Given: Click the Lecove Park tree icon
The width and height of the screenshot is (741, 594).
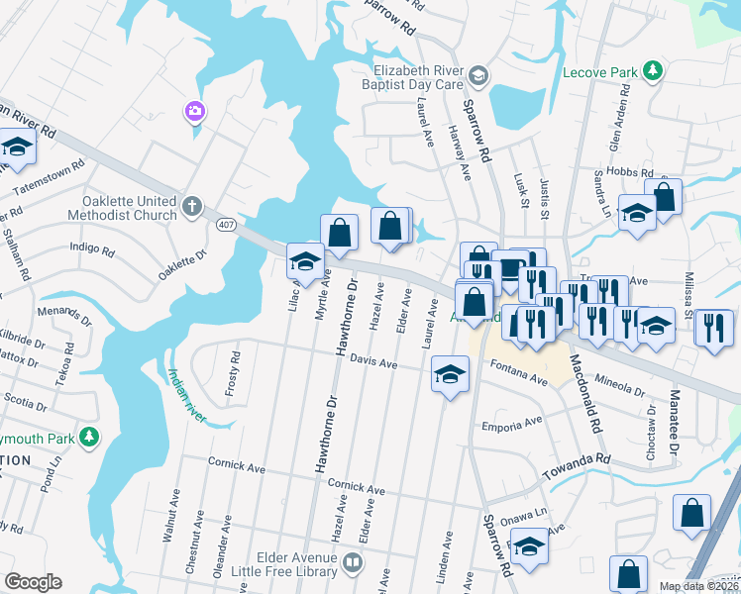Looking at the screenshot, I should (652, 70).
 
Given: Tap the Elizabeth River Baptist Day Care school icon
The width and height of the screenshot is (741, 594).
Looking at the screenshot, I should (477, 76).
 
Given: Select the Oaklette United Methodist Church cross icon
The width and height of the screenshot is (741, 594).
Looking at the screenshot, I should (192, 208).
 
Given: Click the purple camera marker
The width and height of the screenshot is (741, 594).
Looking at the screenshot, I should (194, 111).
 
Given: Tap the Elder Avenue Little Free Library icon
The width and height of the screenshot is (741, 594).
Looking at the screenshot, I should (353, 563).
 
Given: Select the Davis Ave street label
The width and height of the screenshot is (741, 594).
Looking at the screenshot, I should (372, 364).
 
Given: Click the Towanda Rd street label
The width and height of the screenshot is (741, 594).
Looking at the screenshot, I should (576, 468).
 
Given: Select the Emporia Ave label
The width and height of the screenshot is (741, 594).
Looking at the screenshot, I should (512, 423).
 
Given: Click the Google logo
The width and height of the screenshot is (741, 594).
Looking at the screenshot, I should (33, 582).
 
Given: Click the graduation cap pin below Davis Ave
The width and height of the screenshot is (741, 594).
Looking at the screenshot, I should (450, 375).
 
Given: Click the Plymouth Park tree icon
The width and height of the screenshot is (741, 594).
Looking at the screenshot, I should (89, 437).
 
